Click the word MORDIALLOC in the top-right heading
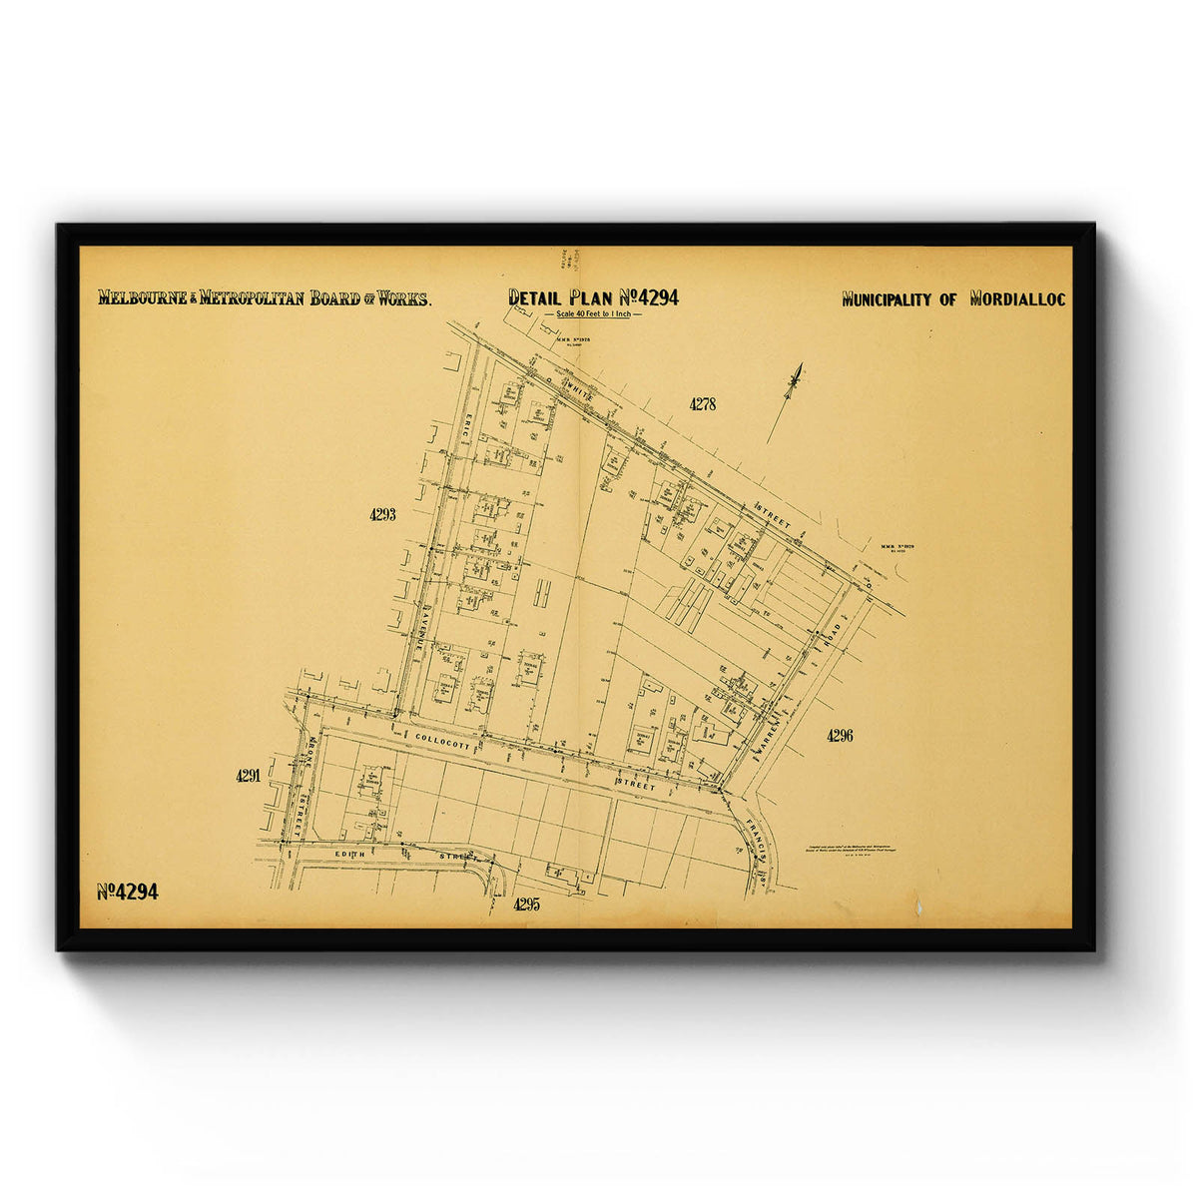tap(1017, 299)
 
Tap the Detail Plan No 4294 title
tap(593, 297)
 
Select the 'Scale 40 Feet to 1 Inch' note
tap(593, 315)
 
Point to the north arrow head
tap(796, 377)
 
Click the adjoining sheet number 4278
tap(702, 404)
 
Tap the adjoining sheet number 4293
tap(382, 515)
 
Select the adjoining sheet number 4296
tap(840, 736)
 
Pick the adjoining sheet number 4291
tap(249, 775)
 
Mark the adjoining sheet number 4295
tap(526, 904)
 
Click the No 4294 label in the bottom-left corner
tap(127, 892)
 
